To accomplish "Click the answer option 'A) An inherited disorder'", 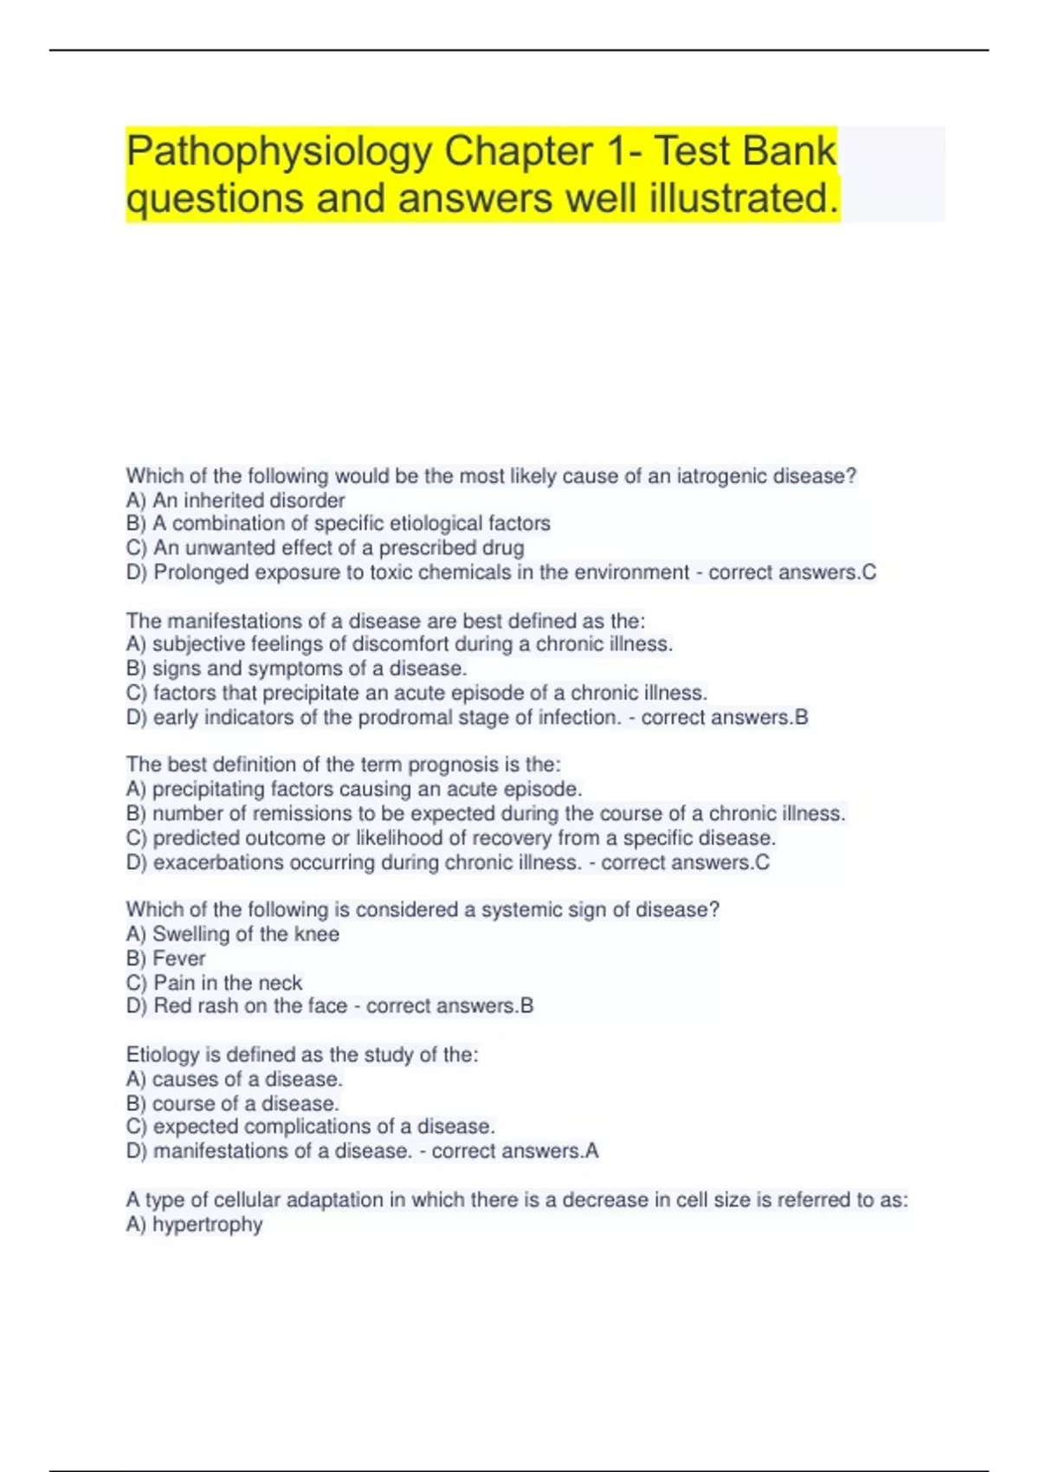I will [x=236, y=500].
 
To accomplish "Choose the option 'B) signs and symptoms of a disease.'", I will [x=296, y=668].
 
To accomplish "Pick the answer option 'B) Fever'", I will [x=166, y=959].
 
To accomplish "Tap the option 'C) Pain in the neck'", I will [x=214, y=983].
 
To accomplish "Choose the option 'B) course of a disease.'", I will [x=232, y=1104].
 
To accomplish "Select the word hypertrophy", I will [x=208, y=1224].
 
